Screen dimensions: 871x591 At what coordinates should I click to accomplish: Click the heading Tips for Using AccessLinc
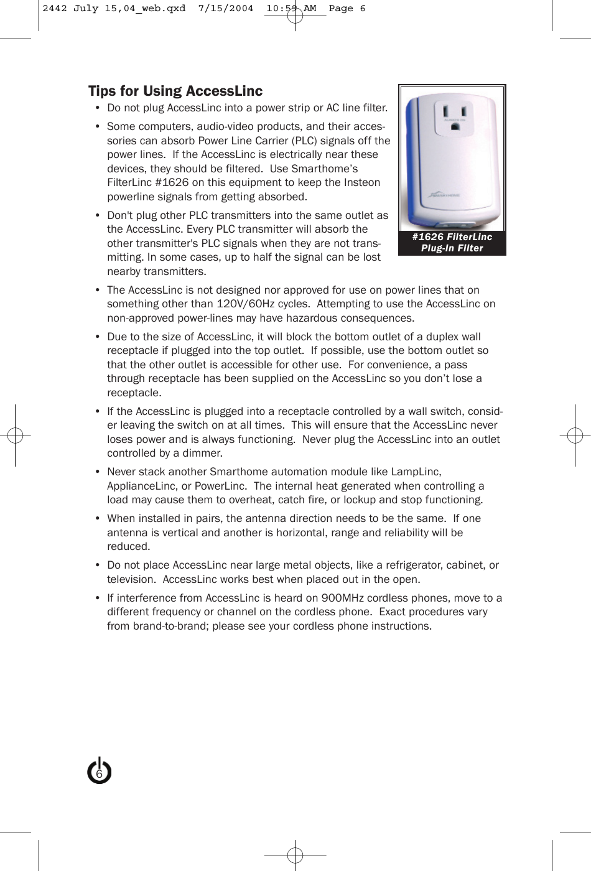(175, 91)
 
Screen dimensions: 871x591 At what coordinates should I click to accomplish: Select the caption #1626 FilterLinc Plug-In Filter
(452, 243)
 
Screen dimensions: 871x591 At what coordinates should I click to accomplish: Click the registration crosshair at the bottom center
(295, 855)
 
